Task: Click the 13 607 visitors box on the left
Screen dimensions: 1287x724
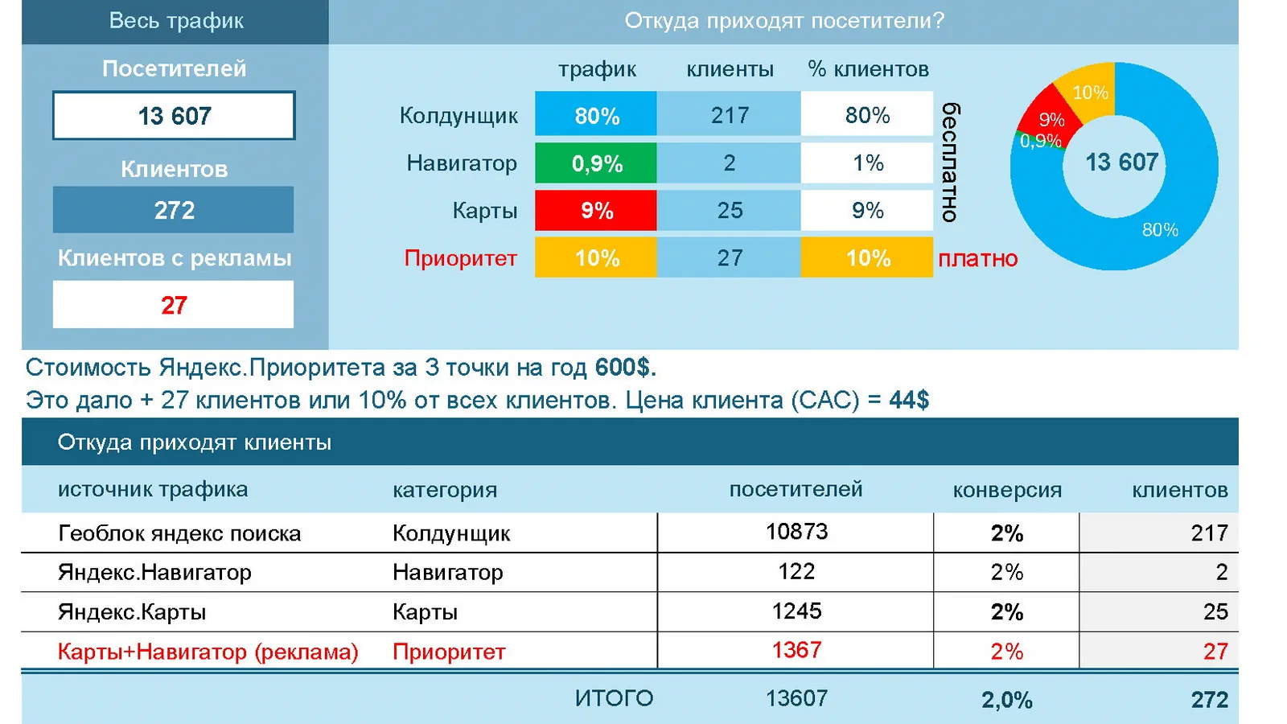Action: point(174,115)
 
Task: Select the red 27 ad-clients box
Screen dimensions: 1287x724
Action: point(173,304)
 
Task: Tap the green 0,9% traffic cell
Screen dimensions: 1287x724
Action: point(596,163)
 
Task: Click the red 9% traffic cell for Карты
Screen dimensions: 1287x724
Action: point(596,210)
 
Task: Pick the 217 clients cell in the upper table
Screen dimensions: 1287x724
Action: point(729,115)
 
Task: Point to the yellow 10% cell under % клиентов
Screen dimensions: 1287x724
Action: point(867,257)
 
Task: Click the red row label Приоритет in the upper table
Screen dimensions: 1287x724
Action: point(460,258)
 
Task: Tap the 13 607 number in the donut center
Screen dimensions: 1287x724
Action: point(1121,162)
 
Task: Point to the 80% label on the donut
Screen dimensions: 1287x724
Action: point(1160,230)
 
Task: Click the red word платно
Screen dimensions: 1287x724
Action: point(978,259)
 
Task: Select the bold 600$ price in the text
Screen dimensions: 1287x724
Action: point(625,367)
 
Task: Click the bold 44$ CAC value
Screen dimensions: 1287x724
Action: point(909,399)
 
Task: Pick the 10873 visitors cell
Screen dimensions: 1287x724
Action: point(796,532)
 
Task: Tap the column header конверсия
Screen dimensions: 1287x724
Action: point(1007,490)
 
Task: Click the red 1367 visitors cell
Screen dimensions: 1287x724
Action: point(796,650)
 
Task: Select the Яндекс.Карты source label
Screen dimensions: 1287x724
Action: point(132,611)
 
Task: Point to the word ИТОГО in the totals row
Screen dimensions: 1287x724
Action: point(614,698)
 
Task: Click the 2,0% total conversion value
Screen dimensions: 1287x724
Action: point(1006,700)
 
